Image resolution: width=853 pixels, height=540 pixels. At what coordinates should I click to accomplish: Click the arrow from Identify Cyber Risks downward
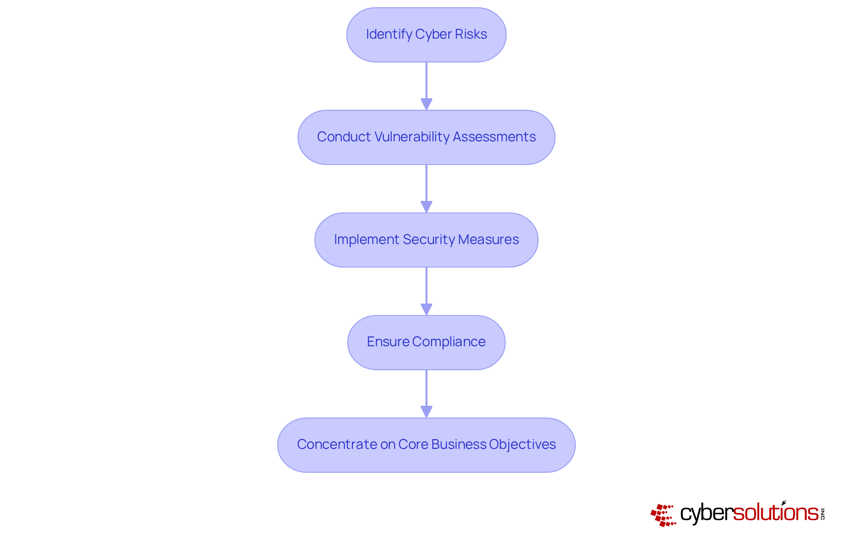pyautogui.click(x=426, y=86)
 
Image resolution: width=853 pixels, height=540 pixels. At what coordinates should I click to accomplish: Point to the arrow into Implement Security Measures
pyautogui.click(x=426, y=188)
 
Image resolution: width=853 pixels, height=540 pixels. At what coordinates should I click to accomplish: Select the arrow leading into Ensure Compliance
pyautogui.click(x=426, y=291)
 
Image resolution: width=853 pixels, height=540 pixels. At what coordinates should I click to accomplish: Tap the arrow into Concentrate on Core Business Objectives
pyautogui.click(x=426, y=394)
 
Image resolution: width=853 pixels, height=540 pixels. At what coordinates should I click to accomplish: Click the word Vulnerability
pyautogui.click(x=411, y=137)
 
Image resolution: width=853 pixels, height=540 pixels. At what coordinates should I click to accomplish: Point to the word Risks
pyautogui.click(x=470, y=34)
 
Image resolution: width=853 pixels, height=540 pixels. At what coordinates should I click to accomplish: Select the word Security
pyautogui.click(x=429, y=240)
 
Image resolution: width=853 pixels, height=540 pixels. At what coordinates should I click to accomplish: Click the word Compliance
pyautogui.click(x=449, y=342)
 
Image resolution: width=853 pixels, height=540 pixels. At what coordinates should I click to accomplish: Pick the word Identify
pyautogui.click(x=389, y=34)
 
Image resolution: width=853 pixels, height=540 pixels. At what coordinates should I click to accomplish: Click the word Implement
pyautogui.click(x=367, y=240)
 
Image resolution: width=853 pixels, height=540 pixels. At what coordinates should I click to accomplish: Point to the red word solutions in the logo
pyautogui.click(x=775, y=513)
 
